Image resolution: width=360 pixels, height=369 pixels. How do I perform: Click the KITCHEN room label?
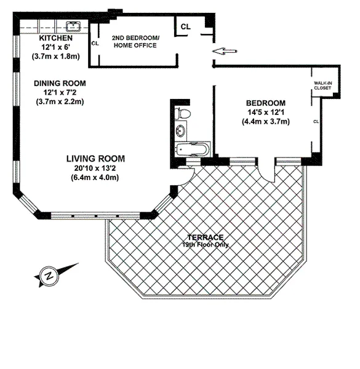click(x=56, y=37)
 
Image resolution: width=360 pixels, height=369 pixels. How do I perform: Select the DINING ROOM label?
click(x=60, y=83)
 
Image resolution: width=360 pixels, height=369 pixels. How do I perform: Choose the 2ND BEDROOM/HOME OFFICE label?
click(x=134, y=42)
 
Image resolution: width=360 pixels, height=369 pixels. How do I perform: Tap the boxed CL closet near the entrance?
click(x=185, y=26)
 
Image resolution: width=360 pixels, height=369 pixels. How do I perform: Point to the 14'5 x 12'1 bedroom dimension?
click(x=266, y=112)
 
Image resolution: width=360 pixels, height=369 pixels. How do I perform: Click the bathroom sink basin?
click(x=181, y=131)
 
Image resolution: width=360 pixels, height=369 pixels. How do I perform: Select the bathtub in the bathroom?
click(x=193, y=149)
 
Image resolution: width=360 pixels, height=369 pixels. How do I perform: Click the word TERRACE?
click(x=206, y=237)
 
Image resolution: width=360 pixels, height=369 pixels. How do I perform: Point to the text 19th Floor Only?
click(x=206, y=244)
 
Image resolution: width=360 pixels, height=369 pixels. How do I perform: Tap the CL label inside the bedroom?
click(x=315, y=121)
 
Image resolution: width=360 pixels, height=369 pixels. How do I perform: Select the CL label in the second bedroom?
click(x=95, y=43)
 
